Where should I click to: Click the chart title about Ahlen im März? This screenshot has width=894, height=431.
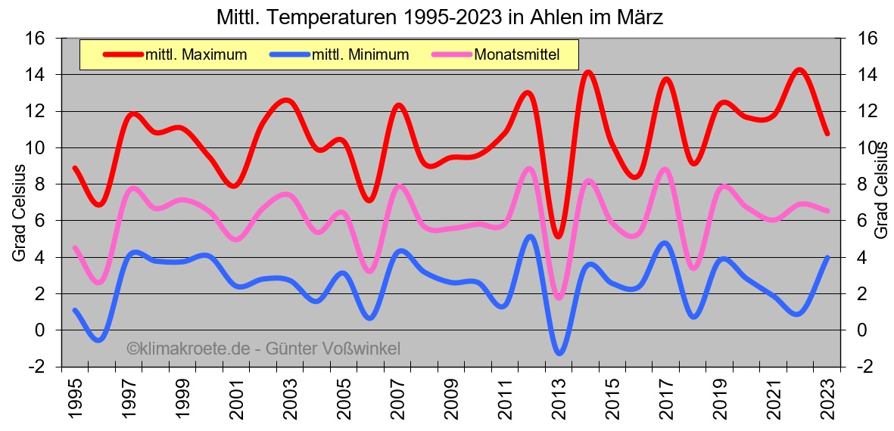point(439,17)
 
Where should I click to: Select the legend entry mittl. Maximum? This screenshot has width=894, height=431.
point(196,54)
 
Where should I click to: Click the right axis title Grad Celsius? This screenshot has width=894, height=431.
point(880,193)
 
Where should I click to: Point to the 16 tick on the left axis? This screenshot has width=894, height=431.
point(36,39)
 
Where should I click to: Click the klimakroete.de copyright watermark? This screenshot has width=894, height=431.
point(263,349)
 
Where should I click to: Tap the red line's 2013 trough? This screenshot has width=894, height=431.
point(559,236)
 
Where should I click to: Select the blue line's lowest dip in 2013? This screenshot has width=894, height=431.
point(559,352)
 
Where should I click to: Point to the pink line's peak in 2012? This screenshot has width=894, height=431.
point(529,169)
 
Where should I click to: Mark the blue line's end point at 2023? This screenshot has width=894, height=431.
point(827,258)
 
